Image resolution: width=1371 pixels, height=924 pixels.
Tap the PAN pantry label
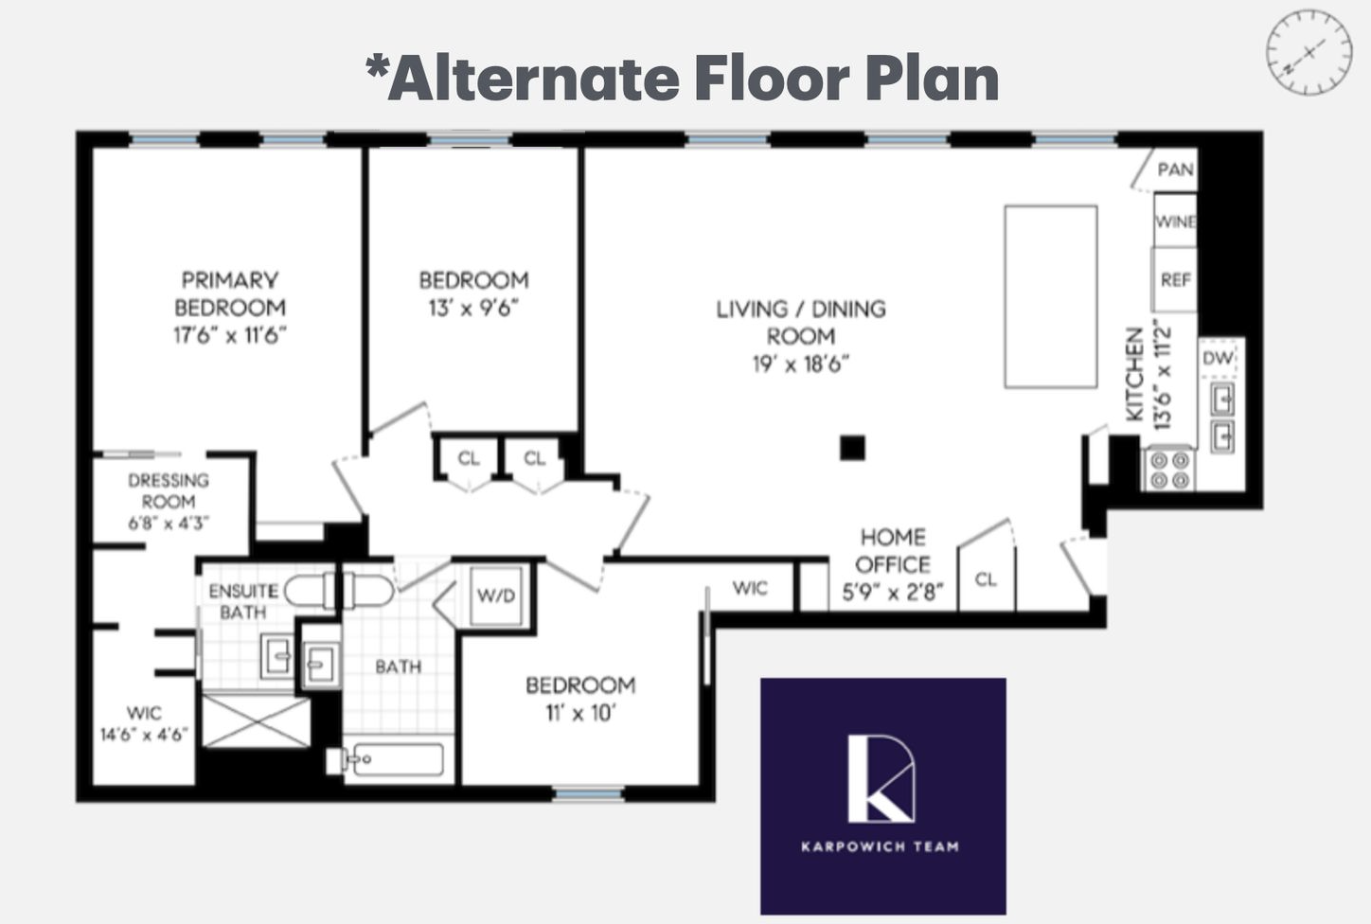(1175, 169)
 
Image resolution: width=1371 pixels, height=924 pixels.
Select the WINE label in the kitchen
(1175, 222)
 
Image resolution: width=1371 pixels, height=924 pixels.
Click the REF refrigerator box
(1175, 279)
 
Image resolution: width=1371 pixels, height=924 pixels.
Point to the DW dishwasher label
(1218, 359)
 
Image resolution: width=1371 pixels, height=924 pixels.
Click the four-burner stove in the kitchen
(1169, 470)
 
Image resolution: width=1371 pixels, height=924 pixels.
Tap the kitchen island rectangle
(1050, 296)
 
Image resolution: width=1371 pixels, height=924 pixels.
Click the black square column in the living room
(852, 448)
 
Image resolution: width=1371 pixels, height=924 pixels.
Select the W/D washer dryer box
(496, 595)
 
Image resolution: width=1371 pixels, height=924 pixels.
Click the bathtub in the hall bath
(394, 760)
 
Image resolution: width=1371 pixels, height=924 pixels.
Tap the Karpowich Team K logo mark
(881, 778)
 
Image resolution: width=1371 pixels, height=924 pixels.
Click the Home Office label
(893, 551)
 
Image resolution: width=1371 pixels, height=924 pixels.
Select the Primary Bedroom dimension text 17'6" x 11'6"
(229, 335)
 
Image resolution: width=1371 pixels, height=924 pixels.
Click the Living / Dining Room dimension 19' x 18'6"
(801, 364)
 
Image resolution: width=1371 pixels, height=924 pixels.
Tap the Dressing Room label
(169, 490)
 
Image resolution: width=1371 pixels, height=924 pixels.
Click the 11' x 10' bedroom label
(579, 713)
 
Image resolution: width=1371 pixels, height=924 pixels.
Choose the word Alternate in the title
(532, 78)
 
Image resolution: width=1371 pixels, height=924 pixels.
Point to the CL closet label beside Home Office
(986, 579)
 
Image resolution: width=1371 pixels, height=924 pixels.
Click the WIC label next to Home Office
(750, 588)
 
